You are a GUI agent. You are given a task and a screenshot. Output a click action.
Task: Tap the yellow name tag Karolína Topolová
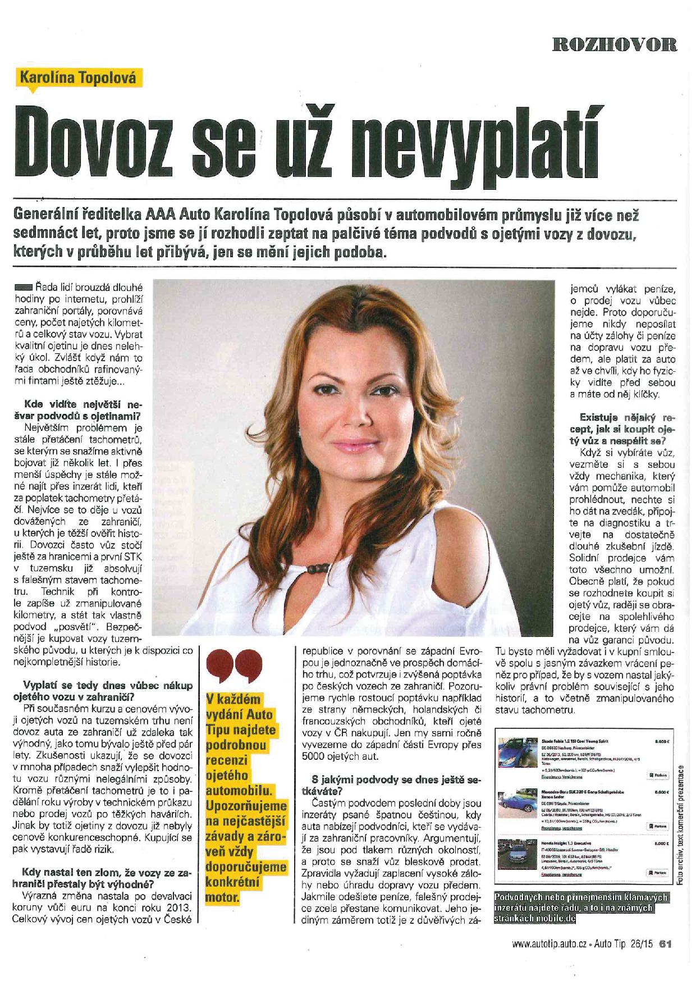coord(78,78)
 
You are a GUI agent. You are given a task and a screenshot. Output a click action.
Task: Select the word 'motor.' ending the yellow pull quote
coord(223,897)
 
